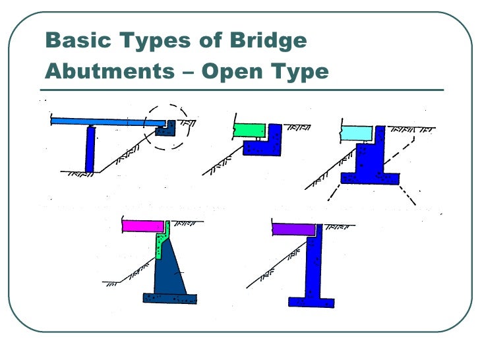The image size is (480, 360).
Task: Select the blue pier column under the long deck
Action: coord(90,148)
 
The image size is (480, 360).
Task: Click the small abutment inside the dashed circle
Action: coord(164,129)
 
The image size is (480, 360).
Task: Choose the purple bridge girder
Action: coord(293,229)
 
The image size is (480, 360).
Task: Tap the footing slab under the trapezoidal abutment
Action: coord(169,298)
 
